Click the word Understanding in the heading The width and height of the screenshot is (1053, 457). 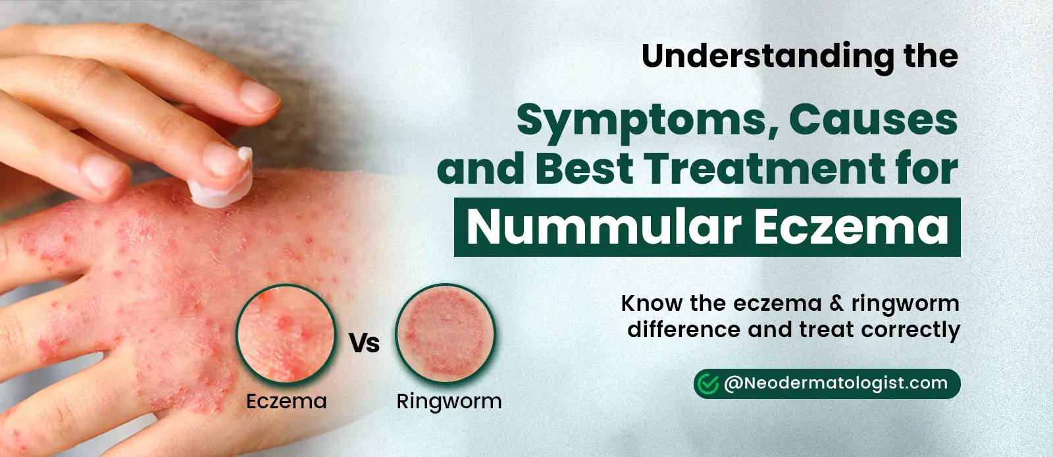tap(768, 57)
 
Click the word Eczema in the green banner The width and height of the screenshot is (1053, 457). tap(852, 227)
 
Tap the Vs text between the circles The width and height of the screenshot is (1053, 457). tap(365, 343)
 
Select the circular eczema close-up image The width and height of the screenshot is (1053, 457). tap(286, 334)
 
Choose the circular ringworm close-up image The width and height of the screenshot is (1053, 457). tap(445, 333)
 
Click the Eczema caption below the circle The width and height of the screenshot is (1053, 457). tap(286, 401)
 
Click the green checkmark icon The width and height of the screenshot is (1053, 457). tap(707, 383)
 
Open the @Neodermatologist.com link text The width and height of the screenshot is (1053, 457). tap(836, 384)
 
